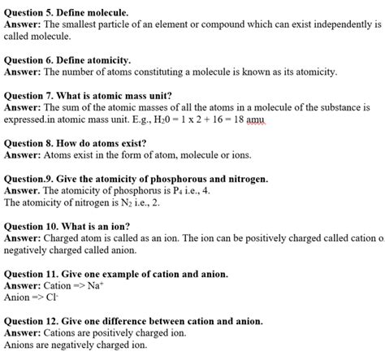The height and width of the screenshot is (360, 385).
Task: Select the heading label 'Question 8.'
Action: [x=31, y=142]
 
